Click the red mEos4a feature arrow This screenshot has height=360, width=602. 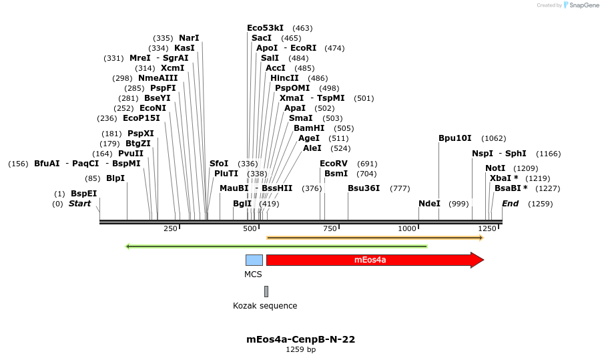[374, 260]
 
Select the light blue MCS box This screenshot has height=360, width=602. [254, 260]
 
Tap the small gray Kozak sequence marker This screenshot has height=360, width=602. [266, 291]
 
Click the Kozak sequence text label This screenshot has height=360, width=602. [265, 306]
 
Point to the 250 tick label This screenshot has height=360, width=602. [170, 228]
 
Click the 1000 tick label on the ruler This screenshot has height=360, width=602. [407, 228]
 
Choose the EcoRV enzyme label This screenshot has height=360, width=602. [334, 164]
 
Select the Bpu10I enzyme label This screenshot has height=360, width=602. [455, 138]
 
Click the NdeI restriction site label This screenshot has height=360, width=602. [430, 204]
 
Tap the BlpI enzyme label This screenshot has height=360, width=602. [115, 178]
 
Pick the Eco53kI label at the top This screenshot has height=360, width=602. [265, 28]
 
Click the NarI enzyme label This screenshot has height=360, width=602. [189, 38]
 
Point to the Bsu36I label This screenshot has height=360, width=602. [364, 188]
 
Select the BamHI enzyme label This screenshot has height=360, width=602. [309, 128]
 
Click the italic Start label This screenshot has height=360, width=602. [79, 204]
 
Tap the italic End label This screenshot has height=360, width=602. [510, 204]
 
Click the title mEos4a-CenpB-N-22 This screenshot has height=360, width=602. [300, 339]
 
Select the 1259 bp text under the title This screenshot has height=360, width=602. [300, 349]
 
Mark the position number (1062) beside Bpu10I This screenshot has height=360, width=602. [494, 138]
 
